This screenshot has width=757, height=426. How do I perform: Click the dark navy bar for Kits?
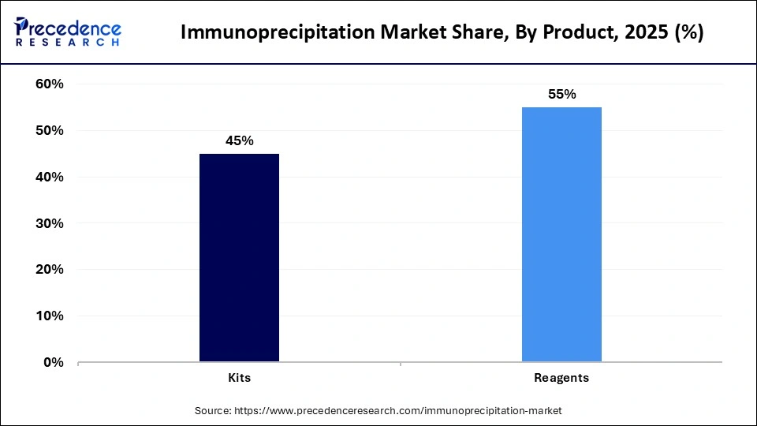click(239, 258)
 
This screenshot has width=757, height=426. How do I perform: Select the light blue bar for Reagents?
click(561, 234)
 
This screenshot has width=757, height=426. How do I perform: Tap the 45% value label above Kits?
click(239, 140)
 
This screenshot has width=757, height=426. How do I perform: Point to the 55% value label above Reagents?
click(561, 94)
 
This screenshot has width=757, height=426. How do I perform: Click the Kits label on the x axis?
click(239, 378)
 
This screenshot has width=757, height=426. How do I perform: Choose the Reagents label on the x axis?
click(561, 378)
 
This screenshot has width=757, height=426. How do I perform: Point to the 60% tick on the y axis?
click(49, 84)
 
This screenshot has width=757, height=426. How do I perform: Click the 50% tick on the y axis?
click(49, 131)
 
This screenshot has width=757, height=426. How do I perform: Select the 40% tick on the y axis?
click(49, 177)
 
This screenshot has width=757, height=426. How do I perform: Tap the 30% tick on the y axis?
click(49, 223)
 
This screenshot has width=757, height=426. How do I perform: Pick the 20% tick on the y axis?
click(49, 270)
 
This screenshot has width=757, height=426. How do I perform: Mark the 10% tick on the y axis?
click(49, 316)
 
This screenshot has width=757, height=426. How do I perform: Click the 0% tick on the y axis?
click(53, 363)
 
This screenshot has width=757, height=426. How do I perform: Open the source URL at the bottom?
click(401, 411)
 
